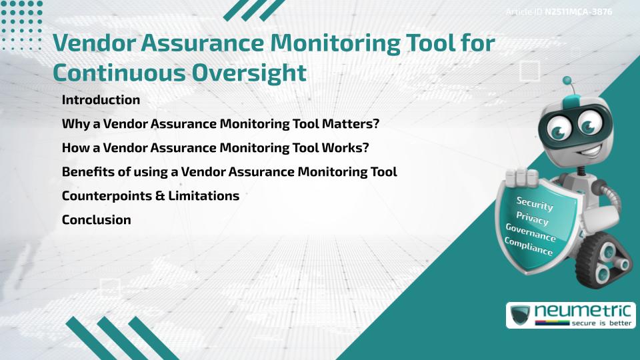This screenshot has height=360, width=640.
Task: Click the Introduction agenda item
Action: (x=101, y=100)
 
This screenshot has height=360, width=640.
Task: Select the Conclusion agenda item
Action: (x=96, y=220)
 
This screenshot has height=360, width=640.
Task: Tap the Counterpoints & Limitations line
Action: (x=150, y=196)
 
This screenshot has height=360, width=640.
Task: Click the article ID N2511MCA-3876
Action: (x=578, y=12)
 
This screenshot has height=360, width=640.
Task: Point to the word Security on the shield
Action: (x=535, y=203)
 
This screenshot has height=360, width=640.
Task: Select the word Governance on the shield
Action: (x=531, y=233)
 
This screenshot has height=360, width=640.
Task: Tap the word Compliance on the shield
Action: (x=529, y=247)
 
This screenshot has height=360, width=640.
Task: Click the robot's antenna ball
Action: (x=567, y=80)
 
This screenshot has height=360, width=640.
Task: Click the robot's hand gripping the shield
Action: (x=522, y=177)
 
